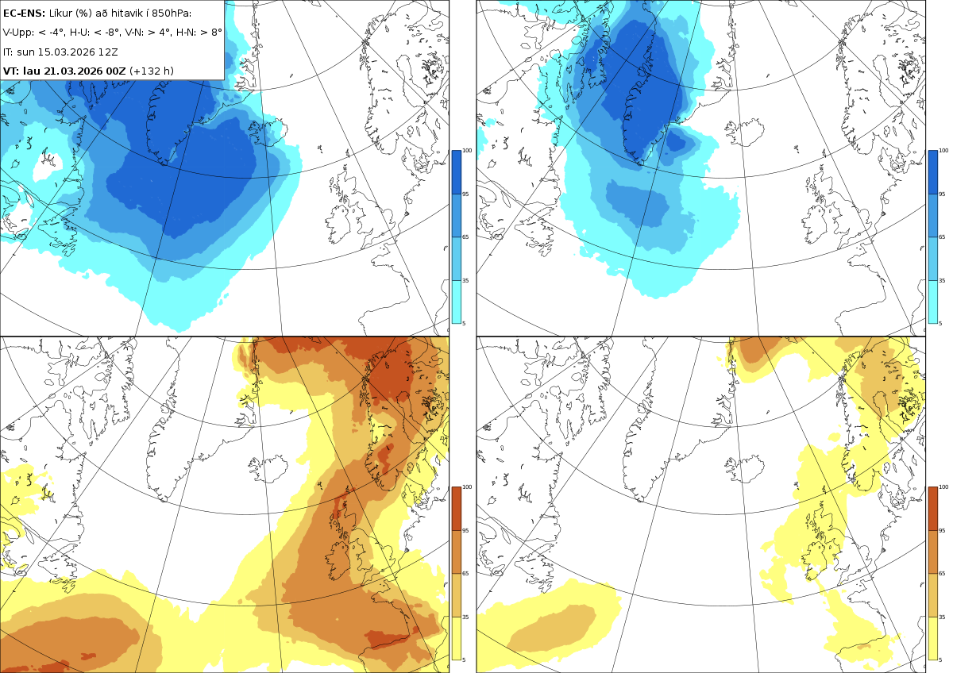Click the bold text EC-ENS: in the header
tap(24, 13)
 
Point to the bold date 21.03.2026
tap(75, 71)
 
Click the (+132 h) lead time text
tap(152, 71)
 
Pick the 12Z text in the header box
tap(110, 52)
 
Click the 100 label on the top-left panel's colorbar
tap(467, 151)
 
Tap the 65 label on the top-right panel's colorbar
tap(942, 237)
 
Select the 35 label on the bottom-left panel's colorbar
tap(465, 617)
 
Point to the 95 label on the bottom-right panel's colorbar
tap(942, 531)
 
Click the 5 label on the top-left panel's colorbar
tap(464, 324)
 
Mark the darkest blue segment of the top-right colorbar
tap(932, 171)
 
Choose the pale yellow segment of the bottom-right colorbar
tap(932, 638)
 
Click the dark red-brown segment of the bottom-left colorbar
tap(456, 509)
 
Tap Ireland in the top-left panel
tap(340, 224)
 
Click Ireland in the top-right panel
tap(816, 224)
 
